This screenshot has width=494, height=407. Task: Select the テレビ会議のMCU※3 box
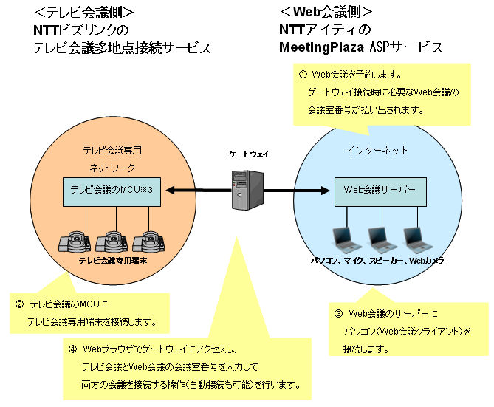112,191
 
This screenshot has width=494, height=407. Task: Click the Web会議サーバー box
380,191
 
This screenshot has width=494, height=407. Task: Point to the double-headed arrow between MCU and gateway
195,191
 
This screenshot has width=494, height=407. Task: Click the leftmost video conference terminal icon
74,239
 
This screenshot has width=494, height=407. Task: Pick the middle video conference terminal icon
112,239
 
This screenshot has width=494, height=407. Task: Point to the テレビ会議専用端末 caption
112,261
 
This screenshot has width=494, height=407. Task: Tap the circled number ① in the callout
302,75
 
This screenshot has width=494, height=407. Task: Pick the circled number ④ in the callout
72,348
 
